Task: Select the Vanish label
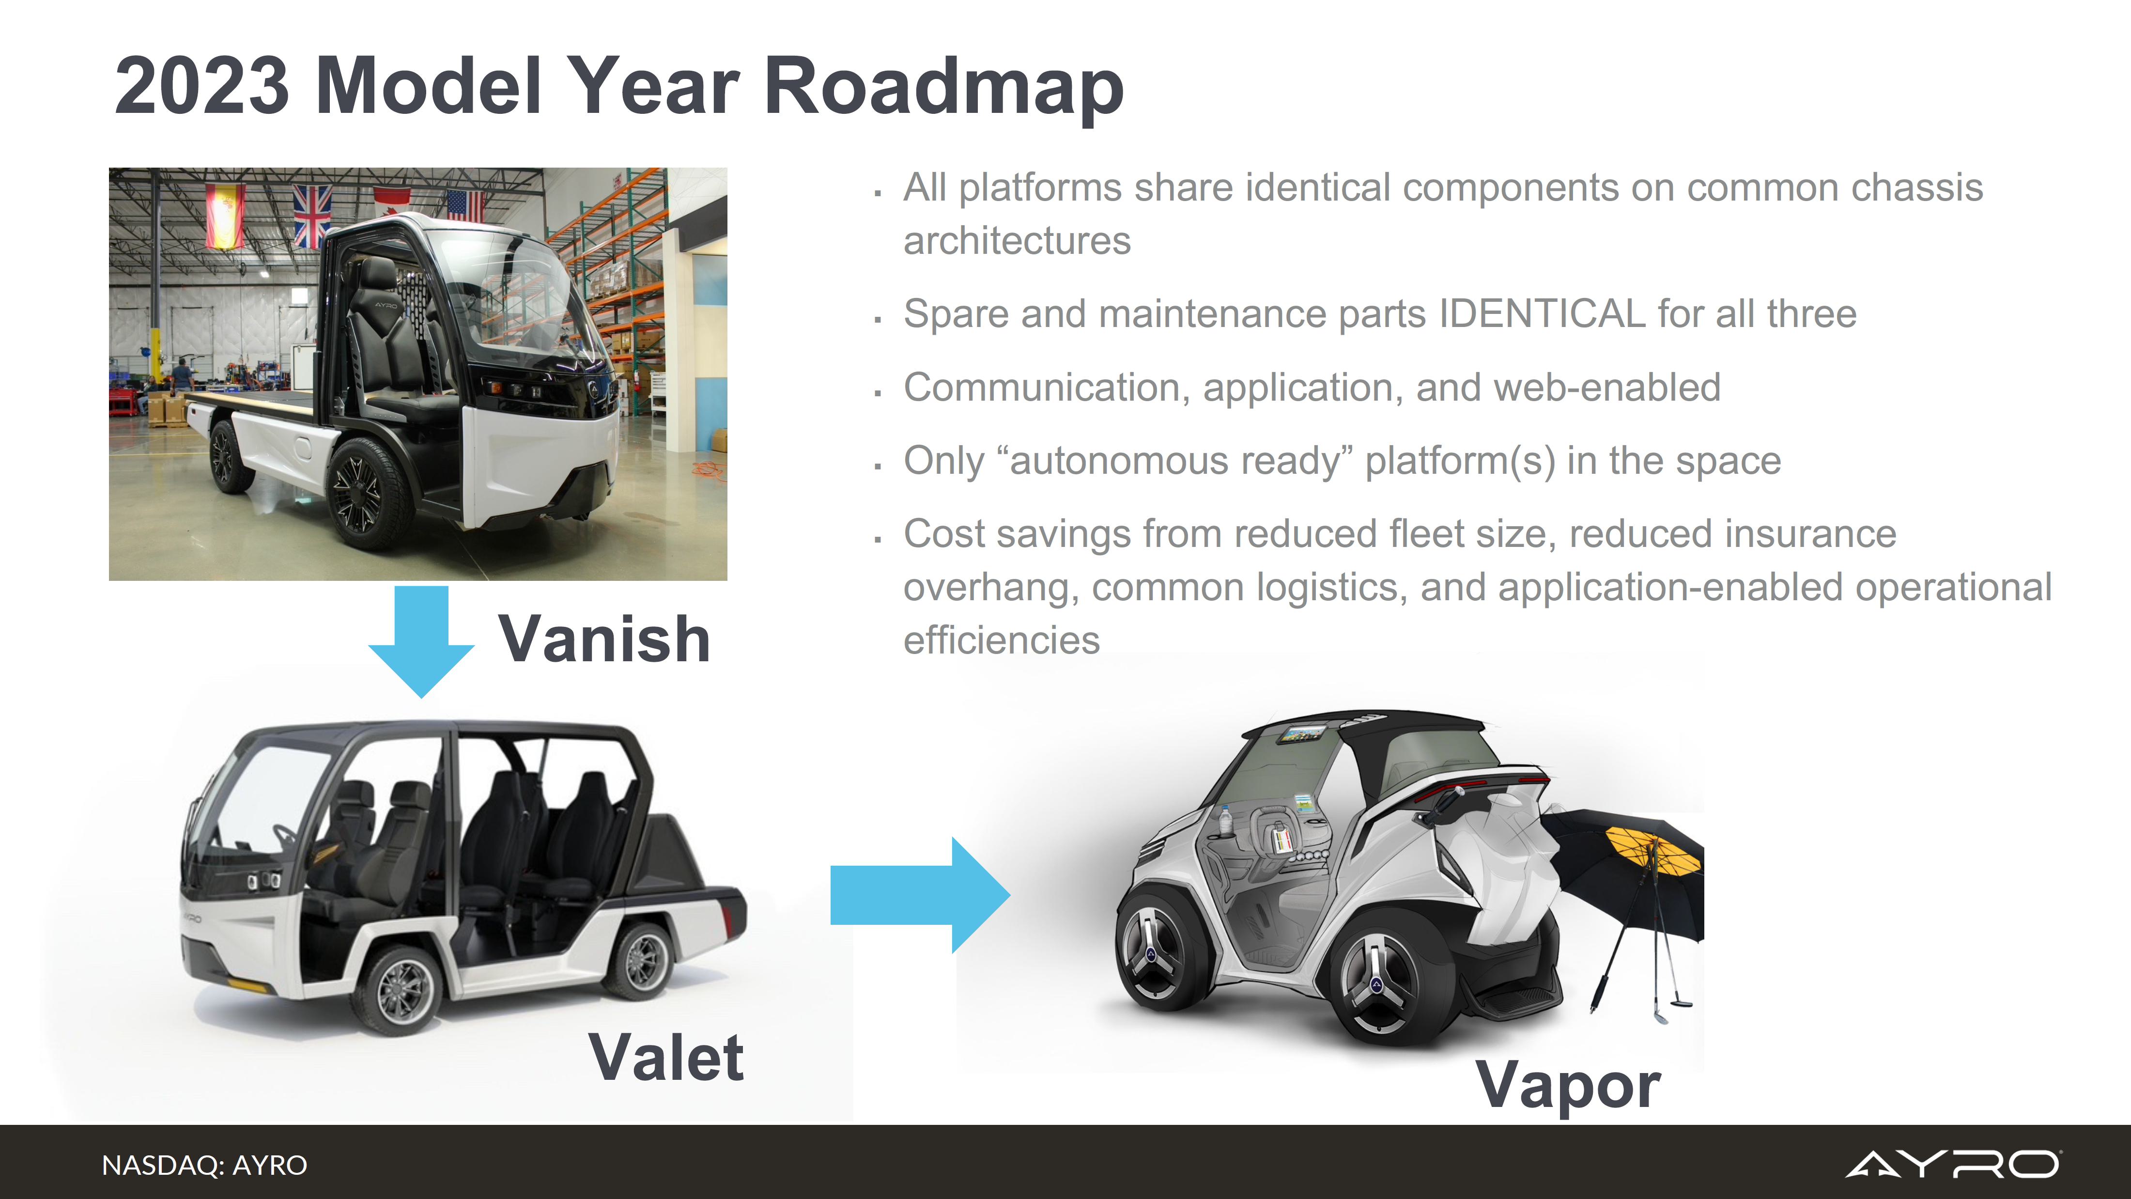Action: (604, 639)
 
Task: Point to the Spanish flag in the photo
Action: (225, 215)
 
